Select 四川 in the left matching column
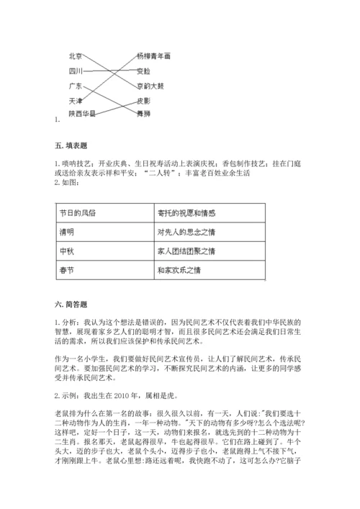76,71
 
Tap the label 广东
76,86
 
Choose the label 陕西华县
82,113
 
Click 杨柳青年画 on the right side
153,55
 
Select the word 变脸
143,71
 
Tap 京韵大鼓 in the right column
150,86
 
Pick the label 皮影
143,101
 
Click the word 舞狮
143,113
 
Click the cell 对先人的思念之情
186,233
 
